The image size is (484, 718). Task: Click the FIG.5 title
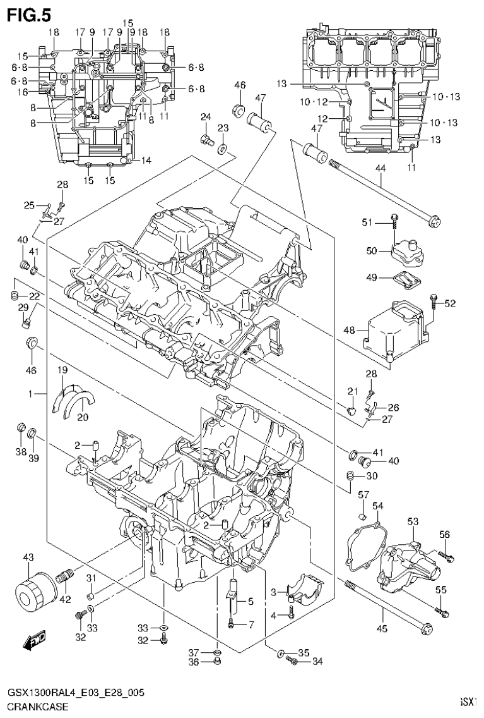point(28,13)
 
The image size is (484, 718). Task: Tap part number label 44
point(380,168)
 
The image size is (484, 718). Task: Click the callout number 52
point(449,303)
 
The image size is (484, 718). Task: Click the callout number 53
point(413,521)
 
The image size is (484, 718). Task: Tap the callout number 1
point(29,393)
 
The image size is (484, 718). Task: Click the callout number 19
point(63,369)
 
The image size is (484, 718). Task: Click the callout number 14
point(146,161)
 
